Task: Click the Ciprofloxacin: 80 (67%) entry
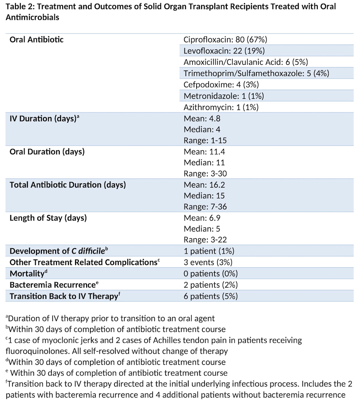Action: coord(225,40)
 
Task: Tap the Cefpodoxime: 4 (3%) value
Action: coord(221,85)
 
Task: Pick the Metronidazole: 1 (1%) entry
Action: coord(224,96)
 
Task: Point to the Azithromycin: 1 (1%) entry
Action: coord(221,107)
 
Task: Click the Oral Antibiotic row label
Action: coord(36,40)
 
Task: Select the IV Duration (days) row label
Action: coord(44,118)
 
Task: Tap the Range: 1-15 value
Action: coord(205,140)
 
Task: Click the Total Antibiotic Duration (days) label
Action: coord(68,184)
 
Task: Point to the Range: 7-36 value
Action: coord(205,207)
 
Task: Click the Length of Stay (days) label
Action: coord(48,218)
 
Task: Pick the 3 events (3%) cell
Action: coord(208,262)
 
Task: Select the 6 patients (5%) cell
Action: coord(210,296)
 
